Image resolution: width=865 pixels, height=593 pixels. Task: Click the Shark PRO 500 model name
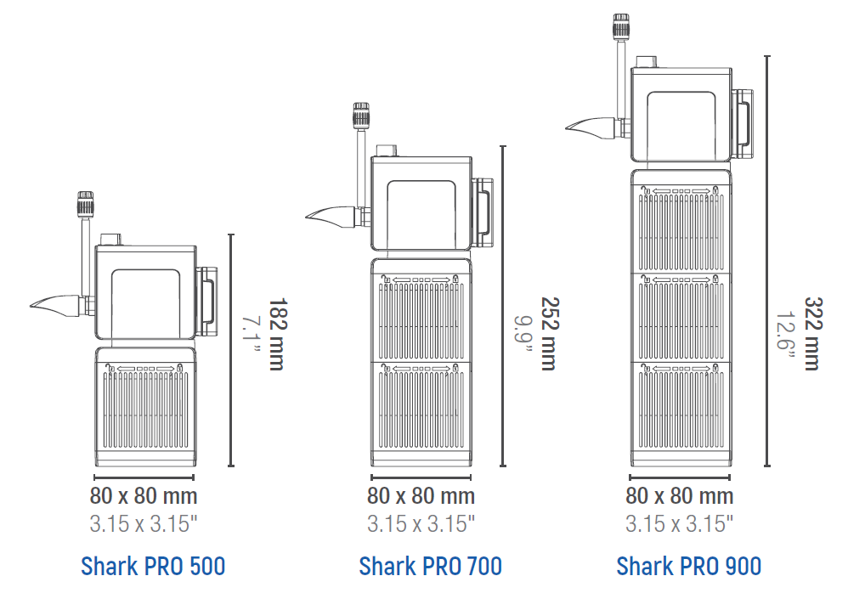coord(153,565)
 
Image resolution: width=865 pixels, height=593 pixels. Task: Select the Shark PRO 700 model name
coord(430,565)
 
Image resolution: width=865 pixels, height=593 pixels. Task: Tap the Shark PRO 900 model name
coord(688,565)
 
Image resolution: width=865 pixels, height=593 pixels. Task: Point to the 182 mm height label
coord(275,333)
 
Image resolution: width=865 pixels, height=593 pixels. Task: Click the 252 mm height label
coord(549,333)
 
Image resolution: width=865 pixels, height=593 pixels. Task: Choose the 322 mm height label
coord(812,333)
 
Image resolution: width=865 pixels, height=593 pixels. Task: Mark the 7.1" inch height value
coord(252,333)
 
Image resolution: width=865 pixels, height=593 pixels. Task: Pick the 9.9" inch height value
coord(525,333)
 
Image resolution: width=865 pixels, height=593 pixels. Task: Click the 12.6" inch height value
coord(787,333)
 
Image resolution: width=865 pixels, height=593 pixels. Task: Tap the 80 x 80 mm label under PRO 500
coord(144,496)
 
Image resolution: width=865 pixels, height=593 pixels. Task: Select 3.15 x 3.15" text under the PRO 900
coord(679,523)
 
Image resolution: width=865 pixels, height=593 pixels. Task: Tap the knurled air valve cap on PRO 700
coord(361,113)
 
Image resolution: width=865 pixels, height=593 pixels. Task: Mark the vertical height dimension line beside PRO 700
coord(503,306)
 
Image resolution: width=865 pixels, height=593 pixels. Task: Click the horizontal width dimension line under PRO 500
coord(144,477)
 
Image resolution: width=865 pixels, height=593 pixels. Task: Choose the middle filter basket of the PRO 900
coord(680,315)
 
